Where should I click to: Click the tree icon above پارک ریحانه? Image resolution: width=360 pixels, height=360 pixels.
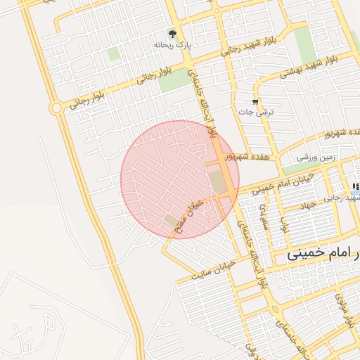click(172, 33)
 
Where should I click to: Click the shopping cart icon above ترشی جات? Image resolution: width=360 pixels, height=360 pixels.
click(255, 103)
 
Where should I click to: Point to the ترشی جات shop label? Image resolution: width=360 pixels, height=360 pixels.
click(256, 112)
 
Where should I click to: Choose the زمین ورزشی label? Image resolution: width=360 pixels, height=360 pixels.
click(313, 157)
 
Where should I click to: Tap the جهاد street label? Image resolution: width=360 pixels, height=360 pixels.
click(309, 205)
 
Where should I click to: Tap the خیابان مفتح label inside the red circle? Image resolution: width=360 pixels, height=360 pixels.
click(191, 211)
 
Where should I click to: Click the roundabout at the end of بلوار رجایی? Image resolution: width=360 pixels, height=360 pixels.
click(56, 108)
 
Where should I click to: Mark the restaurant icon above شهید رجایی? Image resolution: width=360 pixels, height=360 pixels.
click(356, 186)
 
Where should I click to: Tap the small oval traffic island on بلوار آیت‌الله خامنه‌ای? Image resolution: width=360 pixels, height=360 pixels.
click(275, 310)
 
